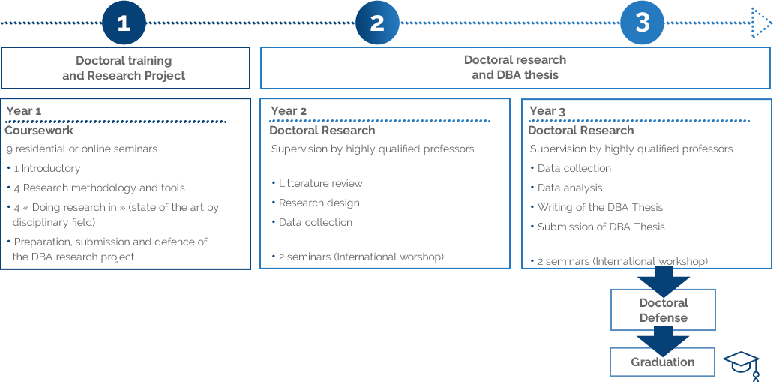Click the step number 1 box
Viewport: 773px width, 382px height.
click(124, 23)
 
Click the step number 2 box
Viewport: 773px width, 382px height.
click(377, 23)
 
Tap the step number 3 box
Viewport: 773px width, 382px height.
click(642, 23)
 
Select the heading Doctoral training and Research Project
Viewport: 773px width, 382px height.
click(124, 68)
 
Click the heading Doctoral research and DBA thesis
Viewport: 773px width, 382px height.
click(515, 68)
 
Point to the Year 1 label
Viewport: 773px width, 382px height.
click(23, 111)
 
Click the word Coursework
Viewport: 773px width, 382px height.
click(39, 131)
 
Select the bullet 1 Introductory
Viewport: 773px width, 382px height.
click(46, 168)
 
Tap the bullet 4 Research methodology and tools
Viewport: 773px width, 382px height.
click(99, 188)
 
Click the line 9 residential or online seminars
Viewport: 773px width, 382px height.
click(82, 149)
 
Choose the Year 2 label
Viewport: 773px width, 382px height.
click(288, 111)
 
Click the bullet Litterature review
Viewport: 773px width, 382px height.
click(320, 183)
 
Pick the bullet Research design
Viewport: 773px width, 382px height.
click(319, 203)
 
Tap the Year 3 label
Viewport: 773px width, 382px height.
click(547, 111)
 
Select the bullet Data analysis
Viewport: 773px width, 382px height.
click(569, 188)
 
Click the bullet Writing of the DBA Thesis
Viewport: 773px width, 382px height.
click(600, 207)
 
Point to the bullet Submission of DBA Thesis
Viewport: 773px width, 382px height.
click(601, 227)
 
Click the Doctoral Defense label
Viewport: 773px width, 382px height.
click(663, 311)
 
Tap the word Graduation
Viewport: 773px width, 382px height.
click(662, 362)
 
